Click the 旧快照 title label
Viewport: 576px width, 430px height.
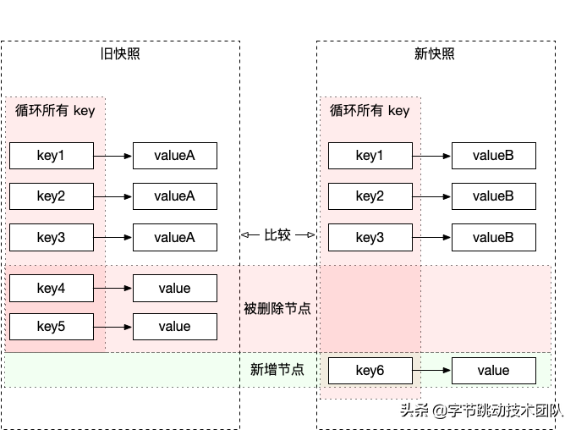tap(120, 54)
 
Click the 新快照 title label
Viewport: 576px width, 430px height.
tap(435, 54)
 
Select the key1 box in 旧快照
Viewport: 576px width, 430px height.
tap(51, 156)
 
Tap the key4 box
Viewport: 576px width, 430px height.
tap(51, 289)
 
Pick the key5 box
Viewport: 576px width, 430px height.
tap(51, 326)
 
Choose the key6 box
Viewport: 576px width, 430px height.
tap(370, 370)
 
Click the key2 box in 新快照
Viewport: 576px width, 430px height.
tap(370, 196)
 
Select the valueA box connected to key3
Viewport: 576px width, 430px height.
tap(174, 238)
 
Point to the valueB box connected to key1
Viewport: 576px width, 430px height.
tap(493, 156)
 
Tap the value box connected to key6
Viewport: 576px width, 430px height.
tap(493, 370)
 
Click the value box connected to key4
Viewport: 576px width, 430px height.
tap(174, 289)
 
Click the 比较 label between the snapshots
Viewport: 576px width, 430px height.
tap(277, 235)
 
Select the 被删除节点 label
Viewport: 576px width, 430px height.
tap(277, 309)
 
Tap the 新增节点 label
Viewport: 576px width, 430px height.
tap(277, 369)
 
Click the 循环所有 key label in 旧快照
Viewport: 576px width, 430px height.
tap(56, 110)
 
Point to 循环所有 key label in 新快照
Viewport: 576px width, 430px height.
tap(370, 110)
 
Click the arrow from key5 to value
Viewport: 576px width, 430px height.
tap(112, 326)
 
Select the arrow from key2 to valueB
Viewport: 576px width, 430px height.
tap(431, 196)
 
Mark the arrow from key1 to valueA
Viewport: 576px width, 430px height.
tap(112, 156)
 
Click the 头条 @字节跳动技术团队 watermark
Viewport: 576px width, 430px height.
tap(481, 411)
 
